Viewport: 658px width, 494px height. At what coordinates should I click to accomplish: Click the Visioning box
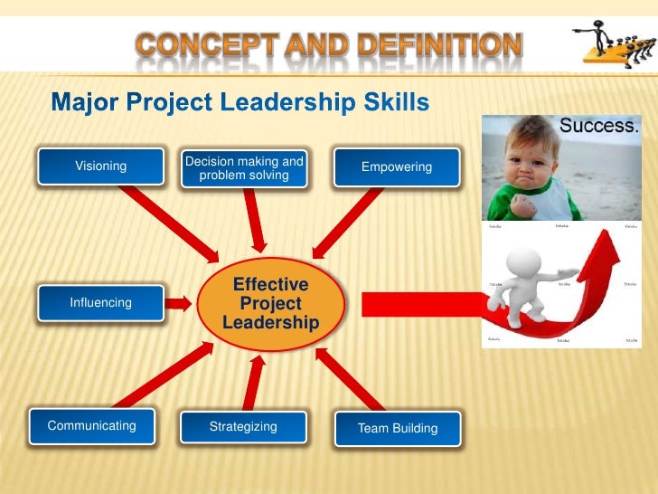(100, 166)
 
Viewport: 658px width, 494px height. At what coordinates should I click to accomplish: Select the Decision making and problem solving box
(244, 168)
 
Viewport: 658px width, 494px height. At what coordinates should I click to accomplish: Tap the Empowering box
(396, 167)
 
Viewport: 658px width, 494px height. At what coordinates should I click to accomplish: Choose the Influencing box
(100, 303)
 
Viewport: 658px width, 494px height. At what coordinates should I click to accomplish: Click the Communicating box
(91, 426)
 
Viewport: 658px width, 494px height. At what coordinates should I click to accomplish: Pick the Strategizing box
(243, 427)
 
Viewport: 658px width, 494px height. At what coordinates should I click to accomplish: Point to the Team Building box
(397, 428)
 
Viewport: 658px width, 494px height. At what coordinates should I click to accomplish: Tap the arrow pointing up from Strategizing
(255, 380)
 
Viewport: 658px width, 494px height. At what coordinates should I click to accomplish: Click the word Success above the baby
(599, 127)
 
